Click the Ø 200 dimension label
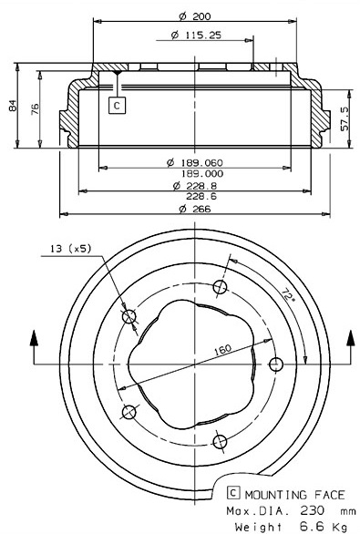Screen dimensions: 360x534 point(195,16)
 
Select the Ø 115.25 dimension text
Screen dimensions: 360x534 point(196,35)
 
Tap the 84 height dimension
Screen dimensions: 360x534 point(12,106)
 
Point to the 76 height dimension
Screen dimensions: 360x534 point(35,109)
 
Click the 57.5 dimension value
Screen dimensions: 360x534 point(345,118)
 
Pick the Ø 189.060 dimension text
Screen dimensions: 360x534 point(195,163)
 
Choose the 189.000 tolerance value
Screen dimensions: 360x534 point(202,174)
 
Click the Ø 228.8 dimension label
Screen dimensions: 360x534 point(195,186)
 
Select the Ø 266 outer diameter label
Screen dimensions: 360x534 point(195,209)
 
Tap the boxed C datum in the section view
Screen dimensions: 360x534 point(117,105)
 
